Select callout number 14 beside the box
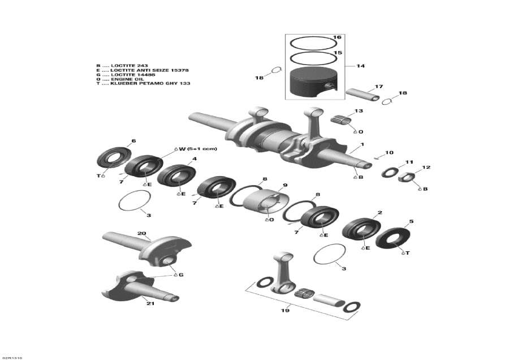pos(360,66)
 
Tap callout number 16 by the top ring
pos(338,37)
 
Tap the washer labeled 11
pos(389,172)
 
